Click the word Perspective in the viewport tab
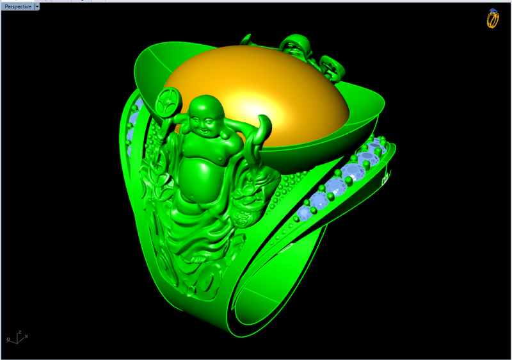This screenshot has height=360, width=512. pos(18,6)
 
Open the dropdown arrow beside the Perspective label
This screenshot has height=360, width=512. pos(37,6)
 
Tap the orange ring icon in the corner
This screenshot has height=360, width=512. pos(493,19)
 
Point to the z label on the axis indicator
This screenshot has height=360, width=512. pos(20,332)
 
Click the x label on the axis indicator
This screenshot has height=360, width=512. pos(26,336)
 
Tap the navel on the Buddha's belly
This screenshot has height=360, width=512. pos(193,197)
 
